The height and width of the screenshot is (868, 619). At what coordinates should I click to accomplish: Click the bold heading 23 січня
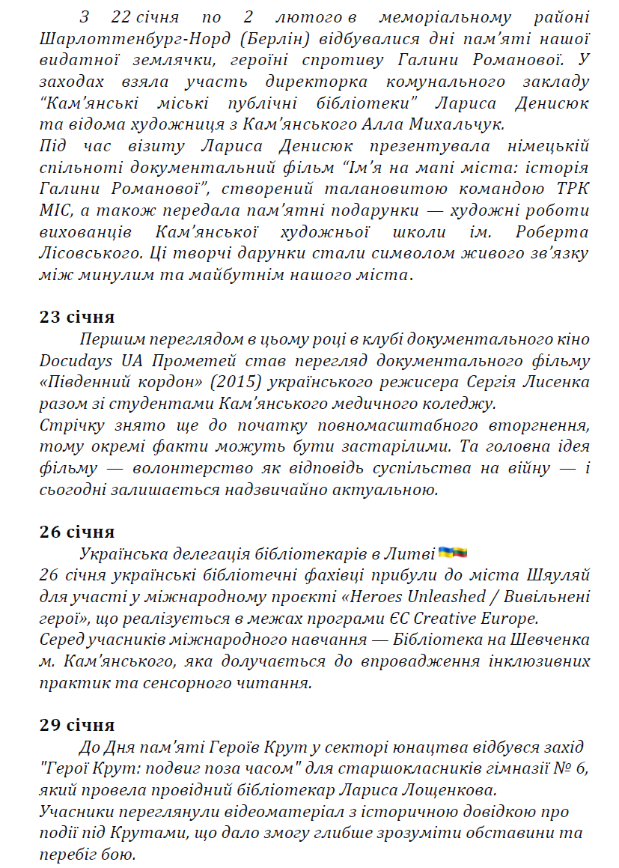pos(77,316)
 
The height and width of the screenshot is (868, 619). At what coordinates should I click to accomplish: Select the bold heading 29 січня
pos(77,725)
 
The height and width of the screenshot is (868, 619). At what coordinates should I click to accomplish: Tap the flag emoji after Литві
pos(452,553)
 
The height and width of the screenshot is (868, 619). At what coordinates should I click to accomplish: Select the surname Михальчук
pos(459,124)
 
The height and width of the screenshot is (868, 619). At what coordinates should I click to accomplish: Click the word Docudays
pos(76,361)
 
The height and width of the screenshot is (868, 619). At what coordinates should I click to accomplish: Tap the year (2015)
pos(232,383)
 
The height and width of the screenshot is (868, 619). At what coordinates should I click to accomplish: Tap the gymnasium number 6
pos(584,769)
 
